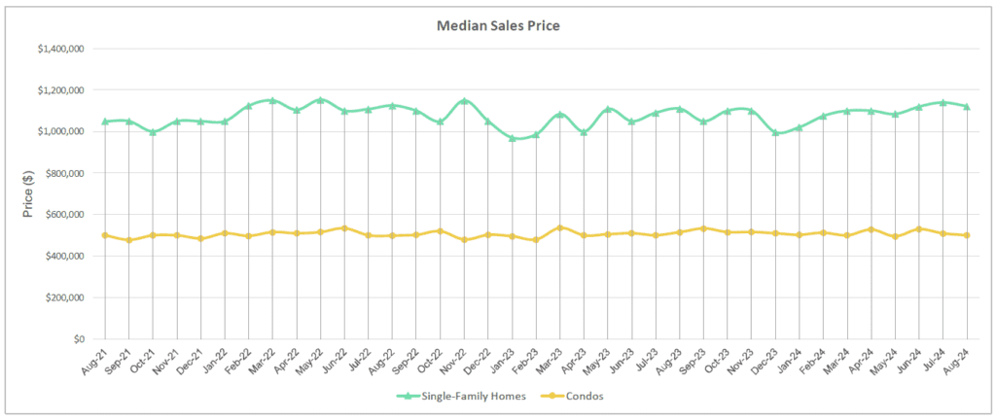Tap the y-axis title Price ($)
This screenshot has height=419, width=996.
click(x=29, y=192)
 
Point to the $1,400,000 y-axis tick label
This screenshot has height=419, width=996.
click(x=60, y=49)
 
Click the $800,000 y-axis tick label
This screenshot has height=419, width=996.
click(x=64, y=173)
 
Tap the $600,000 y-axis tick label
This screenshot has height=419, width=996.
click(x=64, y=215)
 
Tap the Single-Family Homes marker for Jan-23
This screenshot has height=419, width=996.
click(x=512, y=139)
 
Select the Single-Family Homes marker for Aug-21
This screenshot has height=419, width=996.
click(x=104, y=122)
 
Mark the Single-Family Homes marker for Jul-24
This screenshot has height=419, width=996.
click(x=943, y=102)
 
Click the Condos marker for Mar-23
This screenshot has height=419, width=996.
click(x=559, y=227)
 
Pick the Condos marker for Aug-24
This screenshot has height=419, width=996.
click(x=967, y=235)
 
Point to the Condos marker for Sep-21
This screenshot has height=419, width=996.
click(x=128, y=240)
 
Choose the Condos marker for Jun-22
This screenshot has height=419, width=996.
click(x=344, y=228)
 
